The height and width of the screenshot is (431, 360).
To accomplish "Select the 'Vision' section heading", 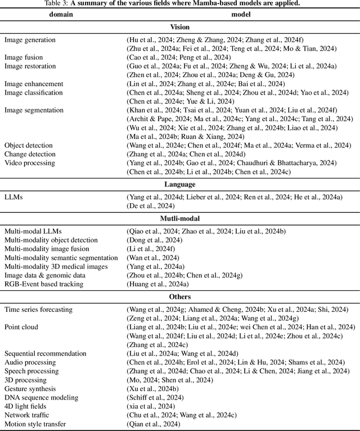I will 180,27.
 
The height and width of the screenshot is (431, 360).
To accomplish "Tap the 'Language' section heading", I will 180,184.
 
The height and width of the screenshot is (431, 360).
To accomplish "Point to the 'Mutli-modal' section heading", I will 180,219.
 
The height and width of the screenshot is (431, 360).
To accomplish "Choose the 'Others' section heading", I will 180,297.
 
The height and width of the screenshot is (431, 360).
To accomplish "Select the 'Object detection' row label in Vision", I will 29,145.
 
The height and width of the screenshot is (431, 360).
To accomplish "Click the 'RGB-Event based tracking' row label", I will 44,284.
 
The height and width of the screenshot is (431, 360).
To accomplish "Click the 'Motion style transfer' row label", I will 35,424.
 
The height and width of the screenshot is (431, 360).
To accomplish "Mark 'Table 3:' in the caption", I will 55,3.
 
